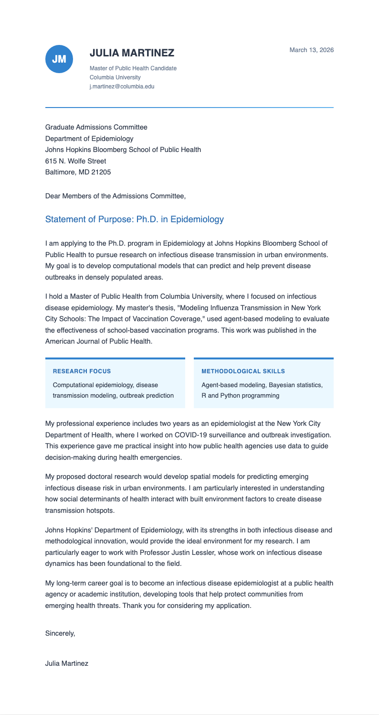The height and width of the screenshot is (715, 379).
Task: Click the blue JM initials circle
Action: pos(59,59)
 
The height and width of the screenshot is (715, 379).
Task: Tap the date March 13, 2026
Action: pos(311,50)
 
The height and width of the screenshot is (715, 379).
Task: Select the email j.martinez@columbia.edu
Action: pos(122,87)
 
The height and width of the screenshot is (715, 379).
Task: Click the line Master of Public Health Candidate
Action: pos(133,68)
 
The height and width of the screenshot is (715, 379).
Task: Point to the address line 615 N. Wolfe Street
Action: pos(75,161)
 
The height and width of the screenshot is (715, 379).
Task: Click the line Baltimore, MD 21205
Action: pos(78,173)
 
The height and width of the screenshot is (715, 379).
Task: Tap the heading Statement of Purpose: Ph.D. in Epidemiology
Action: pos(134,220)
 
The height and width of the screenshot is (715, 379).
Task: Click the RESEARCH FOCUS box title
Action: pos(82,371)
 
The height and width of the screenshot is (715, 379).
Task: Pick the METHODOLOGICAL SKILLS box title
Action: pos(243,371)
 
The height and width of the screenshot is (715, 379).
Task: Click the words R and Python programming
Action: pos(241,396)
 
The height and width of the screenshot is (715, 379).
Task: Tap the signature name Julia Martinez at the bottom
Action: pos(66,664)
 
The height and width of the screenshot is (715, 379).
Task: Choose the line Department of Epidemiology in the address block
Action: pos(89,139)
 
